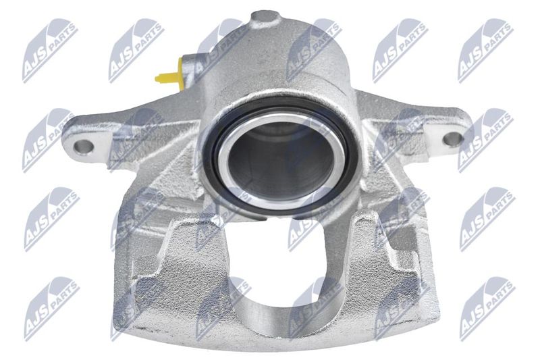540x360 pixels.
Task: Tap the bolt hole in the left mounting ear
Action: (83, 147)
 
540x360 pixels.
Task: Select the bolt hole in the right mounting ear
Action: (452, 138)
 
